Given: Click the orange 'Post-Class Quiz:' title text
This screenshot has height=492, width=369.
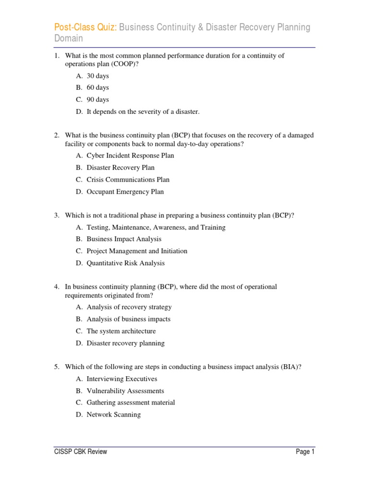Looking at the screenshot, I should (x=85, y=27).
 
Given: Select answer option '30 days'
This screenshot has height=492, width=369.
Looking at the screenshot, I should (x=98, y=76).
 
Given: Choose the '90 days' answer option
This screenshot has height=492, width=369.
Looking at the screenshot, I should (x=98, y=100).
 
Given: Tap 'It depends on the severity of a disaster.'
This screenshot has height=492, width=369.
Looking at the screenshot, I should (x=143, y=112).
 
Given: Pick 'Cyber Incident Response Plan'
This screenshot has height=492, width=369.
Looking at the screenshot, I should (x=130, y=156).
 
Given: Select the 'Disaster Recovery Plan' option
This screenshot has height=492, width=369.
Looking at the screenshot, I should (x=121, y=168).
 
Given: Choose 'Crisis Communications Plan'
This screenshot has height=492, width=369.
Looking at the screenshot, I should (x=128, y=180).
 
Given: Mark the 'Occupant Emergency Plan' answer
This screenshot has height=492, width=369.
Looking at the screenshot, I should (x=125, y=192).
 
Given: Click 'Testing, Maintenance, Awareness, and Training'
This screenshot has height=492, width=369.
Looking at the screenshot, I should (x=156, y=227).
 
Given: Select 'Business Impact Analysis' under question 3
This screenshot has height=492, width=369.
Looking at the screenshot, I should (x=124, y=239).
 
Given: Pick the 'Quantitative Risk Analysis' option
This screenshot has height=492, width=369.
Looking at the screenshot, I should (x=125, y=263).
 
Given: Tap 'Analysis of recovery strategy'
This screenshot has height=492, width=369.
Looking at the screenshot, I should (x=129, y=307).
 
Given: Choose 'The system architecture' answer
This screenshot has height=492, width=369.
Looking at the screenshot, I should (x=121, y=331).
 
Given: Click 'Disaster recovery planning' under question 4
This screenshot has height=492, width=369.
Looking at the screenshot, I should (x=125, y=343).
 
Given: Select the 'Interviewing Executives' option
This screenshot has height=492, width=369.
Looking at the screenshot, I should (x=122, y=379).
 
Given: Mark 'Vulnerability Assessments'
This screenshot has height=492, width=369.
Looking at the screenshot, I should (x=125, y=391).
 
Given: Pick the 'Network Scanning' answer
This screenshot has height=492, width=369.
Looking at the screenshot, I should (x=113, y=415).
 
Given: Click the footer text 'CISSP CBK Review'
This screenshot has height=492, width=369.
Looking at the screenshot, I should (x=80, y=452).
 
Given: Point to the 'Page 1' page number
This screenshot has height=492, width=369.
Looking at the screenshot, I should (x=305, y=452).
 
